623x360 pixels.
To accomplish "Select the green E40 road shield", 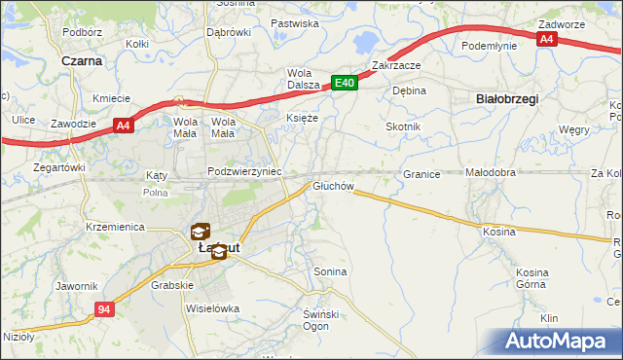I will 345,85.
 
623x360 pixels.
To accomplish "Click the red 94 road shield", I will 105,308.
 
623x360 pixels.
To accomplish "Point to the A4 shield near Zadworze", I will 548,40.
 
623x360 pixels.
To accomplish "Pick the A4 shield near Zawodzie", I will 123,125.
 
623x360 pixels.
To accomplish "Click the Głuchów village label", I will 332,185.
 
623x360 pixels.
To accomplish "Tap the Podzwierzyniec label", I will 244,171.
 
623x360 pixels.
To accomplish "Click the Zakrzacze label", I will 395,66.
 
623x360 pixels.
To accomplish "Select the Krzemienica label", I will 115,226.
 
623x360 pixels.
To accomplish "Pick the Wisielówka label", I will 212,308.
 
